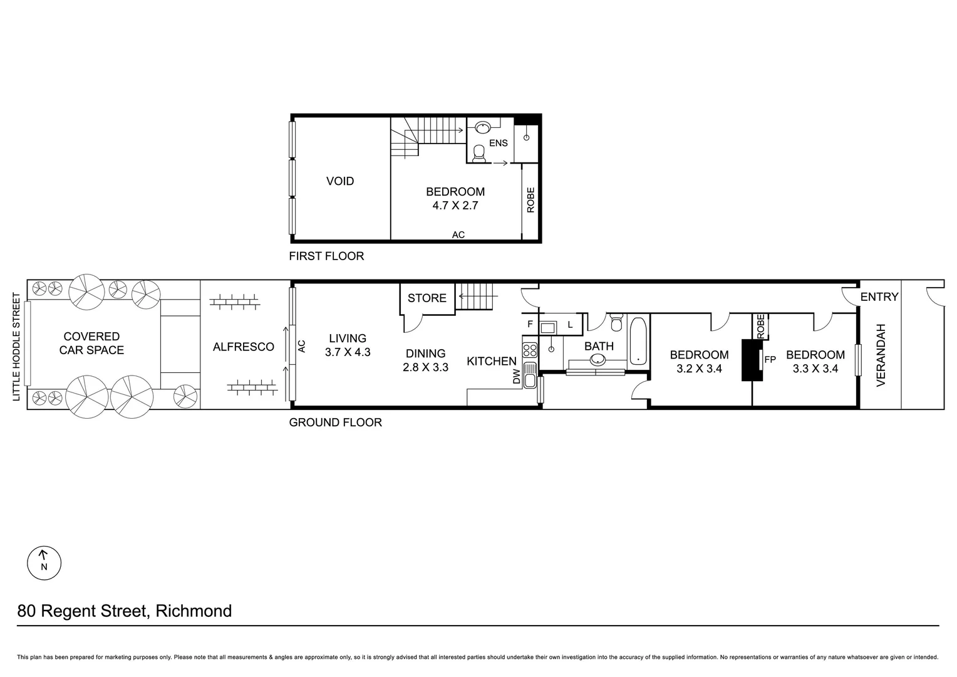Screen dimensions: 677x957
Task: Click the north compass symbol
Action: (x=44, y=562)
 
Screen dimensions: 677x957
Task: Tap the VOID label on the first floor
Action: (x=340, y=181)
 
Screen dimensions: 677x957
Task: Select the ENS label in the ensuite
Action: (x=499, y=143)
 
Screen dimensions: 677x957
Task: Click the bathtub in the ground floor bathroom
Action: (x=638, y=341)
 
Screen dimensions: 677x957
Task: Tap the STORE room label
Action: (x=427, y=298)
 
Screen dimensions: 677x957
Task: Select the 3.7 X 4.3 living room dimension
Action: (x=348, y=352)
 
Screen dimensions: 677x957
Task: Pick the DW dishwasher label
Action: (x=517, y=376)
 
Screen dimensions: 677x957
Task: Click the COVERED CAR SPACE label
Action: (x=91, y=344)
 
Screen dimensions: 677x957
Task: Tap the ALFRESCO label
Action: (x=244, y=347)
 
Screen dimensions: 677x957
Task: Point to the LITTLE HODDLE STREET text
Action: (x=17, y=347)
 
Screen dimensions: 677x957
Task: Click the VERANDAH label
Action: (x=881, y=355)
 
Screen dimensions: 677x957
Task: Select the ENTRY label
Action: (x=879, y=297)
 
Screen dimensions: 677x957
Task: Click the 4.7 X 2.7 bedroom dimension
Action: (x=455, y=205)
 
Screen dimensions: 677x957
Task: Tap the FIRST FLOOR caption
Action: (x=326, y=256)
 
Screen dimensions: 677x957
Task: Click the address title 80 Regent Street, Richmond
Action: (x=125, y=611)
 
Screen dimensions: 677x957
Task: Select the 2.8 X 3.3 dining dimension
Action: (x=425, y=367)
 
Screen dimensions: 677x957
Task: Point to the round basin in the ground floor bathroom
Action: (x=597, y=360)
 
